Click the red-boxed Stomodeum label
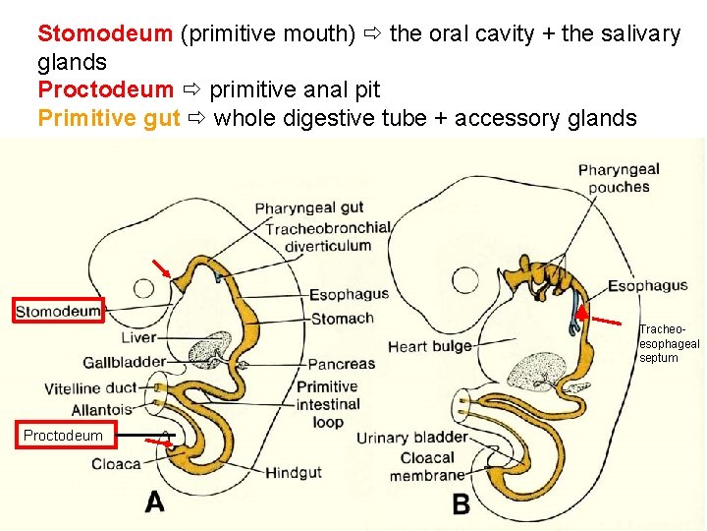(x=59, y=312)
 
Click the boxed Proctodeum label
(x=63, y=435)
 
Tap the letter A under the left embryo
(x=155, y=501)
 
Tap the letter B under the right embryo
(x=461, y=504)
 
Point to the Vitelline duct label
(x=90, y=388)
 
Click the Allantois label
(x=101, y=409)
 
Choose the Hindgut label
(x=294, y=473)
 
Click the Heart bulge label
(x=429, y=346)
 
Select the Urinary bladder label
(x=411, y=438)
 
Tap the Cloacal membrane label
(x=426, y=466)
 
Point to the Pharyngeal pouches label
(x=619, y=178)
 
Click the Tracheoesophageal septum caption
(x=669, y=344)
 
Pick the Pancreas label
(x=341, y=363)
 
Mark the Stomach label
(x=343, y=318)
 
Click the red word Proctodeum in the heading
(x=105, y=89)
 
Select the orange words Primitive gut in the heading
(x=108, y=118)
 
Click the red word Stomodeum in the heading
(x=105, y=33)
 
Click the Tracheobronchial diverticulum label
(x=328, y=236)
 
